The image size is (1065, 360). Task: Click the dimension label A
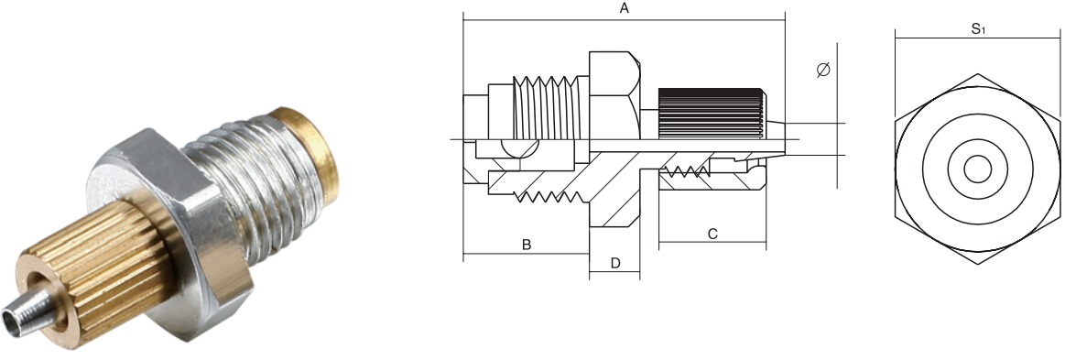[x=625, y=8]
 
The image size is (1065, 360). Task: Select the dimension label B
[x=527, y=245]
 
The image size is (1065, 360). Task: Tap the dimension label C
[x=712, y=235]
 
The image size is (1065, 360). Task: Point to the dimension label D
[x=615, y=263]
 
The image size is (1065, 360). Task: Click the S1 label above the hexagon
[x=978, y=29]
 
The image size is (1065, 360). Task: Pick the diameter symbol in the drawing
[x=823, y=70]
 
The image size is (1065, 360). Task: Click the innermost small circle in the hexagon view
[x=977, y=169]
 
